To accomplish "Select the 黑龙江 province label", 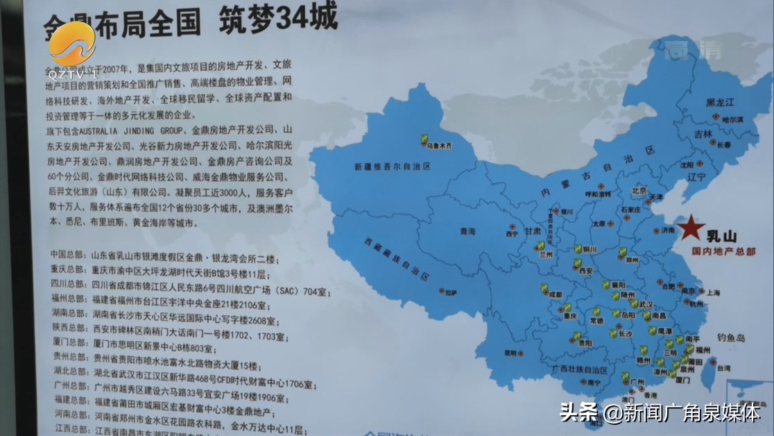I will [719, 102].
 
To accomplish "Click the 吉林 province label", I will [703, 133].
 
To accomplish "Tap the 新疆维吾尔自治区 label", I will [393, 167].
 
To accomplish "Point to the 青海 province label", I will [467, 231].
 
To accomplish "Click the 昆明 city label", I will [510, 353].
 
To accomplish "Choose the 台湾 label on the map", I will [723, 367].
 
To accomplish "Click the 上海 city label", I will [694, 292].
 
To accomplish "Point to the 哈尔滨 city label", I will [730, 119].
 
